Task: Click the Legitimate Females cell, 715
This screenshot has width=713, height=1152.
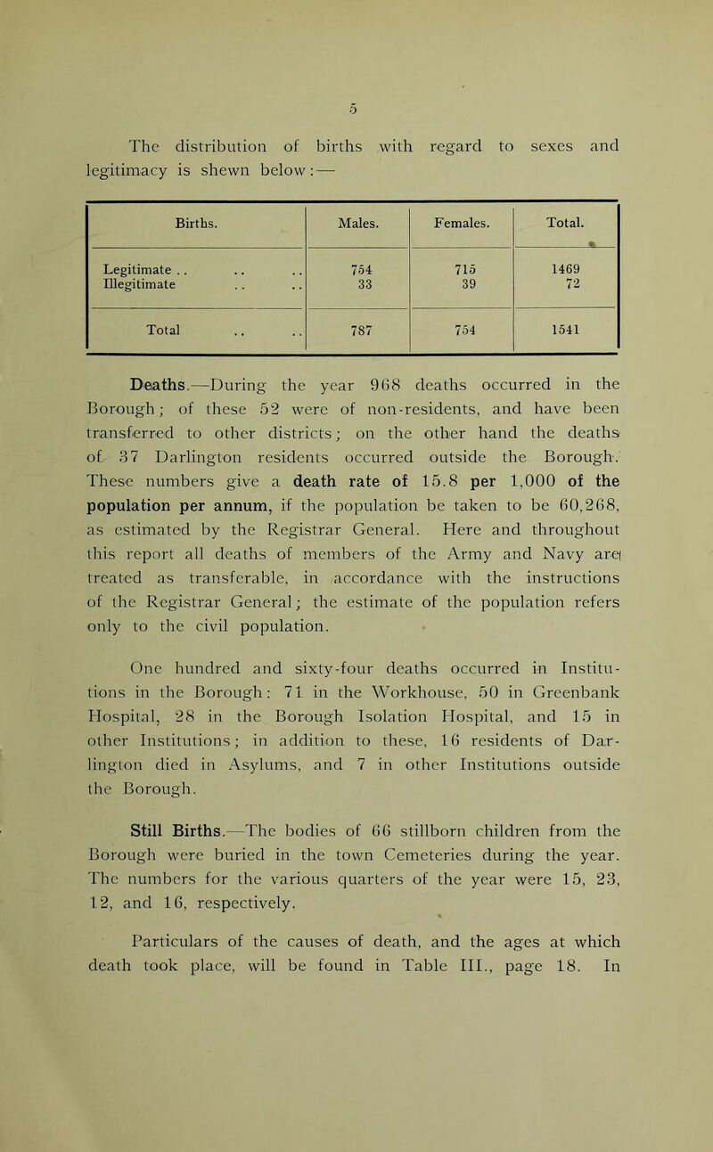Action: tap(462, 270)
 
